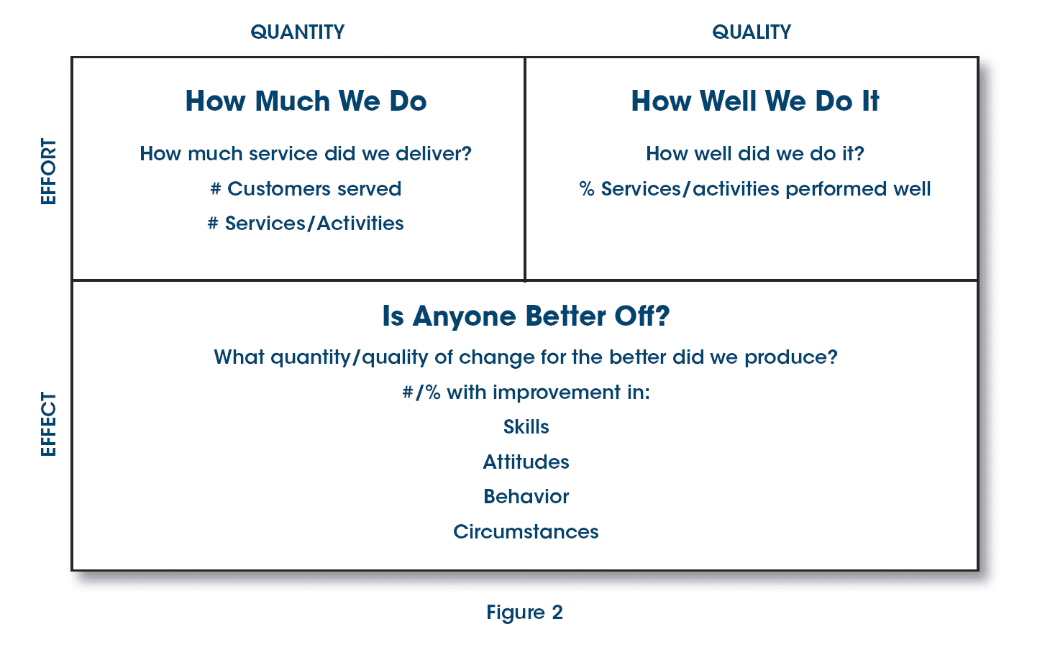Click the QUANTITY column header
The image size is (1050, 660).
[298, 32]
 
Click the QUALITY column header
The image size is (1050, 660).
[752, 32]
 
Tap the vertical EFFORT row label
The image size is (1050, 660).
[48, 172]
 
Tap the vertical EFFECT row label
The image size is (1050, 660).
[48, 423]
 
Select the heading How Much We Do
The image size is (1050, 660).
[306, 101]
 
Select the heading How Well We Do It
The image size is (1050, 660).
[755, 101]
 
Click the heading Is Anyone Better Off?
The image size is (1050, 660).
[526, 316]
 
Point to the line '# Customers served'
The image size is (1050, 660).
[306, 189]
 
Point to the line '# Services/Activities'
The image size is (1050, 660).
[306, 224]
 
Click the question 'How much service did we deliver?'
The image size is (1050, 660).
[306, 154]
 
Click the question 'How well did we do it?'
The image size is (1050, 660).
[755, 154]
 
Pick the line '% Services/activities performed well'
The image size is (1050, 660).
[755, 189]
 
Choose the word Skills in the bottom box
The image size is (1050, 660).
[526, 427]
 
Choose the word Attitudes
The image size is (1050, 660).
[526, 462]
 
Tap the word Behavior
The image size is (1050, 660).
[526, 497]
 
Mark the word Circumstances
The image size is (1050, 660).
[526, 532]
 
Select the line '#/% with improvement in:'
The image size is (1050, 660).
[526, 393]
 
